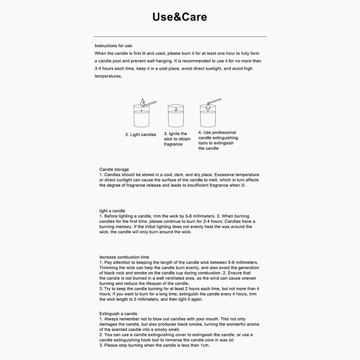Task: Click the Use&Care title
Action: click(x=180, y=17)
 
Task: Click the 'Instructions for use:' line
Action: click(x=114, y=46)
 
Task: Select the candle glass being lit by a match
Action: click(x=141, y=116)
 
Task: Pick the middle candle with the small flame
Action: click(x=176, y=116)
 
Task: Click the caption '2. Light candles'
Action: click(x=141, y=135)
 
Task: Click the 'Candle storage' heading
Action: click(x=114, y=169)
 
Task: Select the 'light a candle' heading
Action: click(x=112, y=211)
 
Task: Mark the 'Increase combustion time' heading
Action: click(x=124, y=257)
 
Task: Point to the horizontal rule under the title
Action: click(x=180, y=37)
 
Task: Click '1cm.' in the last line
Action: click(x=204, y=345)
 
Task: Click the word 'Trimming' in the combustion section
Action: click(x=108, y=268)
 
